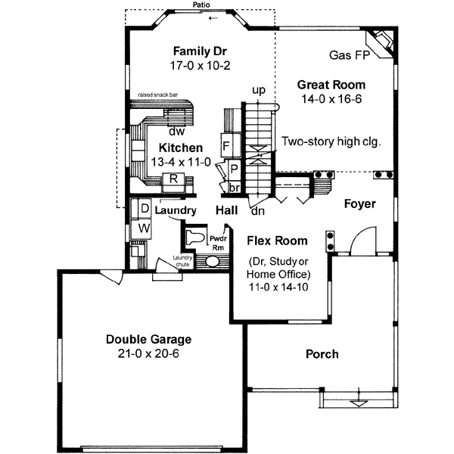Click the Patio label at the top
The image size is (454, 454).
(x=201, y=5)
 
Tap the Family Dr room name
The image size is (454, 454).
(x=200, y=51)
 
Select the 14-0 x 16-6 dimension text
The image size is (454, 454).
(x=331, y=99)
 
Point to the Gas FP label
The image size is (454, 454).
(x=350, y=55)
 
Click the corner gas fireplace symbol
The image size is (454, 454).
(x=381, y=43)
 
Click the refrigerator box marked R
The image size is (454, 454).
(x=173, y=182)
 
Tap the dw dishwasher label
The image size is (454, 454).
(x=176, y=132)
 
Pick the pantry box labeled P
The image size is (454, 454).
(x=234, y=169)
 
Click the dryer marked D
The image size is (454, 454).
(x=145, y=208)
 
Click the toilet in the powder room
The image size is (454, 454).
(x=195, y=238)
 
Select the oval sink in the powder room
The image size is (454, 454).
(x=212, y=262)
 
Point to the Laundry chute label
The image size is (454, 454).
(x=182, y=261)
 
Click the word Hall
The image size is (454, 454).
(x=227, y=210)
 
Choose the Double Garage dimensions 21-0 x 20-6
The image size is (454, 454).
(x=148, y=353)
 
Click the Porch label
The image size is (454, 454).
(x=322, y=354)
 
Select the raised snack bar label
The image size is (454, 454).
(x=158, y=95)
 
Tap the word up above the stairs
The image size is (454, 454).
(x=259, y=91)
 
